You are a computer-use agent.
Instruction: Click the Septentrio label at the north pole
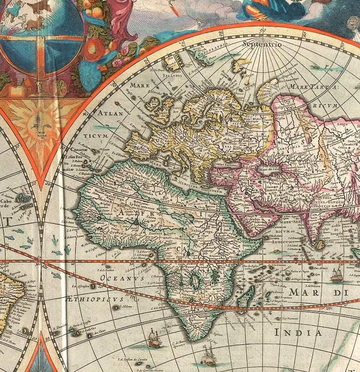point(262,44)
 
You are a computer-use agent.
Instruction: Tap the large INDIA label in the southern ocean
point(298,332)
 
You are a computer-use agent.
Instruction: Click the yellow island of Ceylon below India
point(320,245)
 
